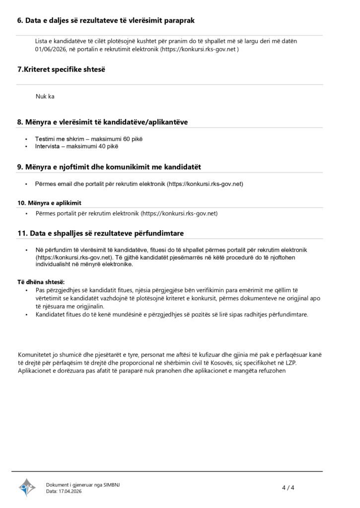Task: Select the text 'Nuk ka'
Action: (x=45, y=97)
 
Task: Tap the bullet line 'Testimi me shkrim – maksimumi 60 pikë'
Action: (x=85, y=139)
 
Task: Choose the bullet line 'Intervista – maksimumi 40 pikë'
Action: (x=76, y=146)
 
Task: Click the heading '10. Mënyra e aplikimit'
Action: (x=49, y=203)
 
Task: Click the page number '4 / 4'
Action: (x=288, y=488)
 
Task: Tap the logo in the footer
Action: (x=27, y=488)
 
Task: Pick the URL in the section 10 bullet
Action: (x=180, y=213)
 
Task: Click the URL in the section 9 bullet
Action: (x=205, y=184)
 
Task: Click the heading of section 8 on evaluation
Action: (x=102, y=122)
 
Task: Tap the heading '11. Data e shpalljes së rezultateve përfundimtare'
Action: (x=102, y=233)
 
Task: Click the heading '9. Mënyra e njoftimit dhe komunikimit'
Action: (x=109, y=166)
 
